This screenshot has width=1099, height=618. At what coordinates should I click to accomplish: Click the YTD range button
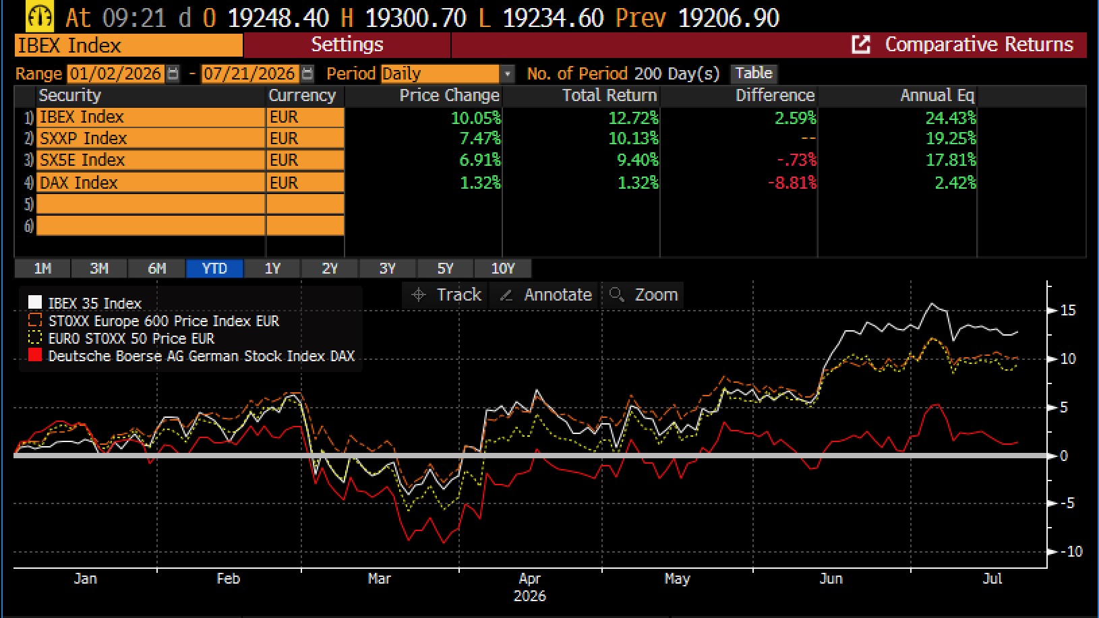214,269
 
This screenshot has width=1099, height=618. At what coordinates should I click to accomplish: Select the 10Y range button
503,269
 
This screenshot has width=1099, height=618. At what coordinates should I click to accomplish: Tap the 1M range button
42,269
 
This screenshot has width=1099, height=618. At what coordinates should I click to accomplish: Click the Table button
754,73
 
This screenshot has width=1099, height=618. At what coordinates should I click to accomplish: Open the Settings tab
347,44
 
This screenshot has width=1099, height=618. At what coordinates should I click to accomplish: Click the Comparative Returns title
979,44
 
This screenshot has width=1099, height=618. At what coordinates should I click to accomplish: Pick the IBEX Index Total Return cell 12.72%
633,118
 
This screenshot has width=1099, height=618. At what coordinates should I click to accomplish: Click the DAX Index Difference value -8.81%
792,183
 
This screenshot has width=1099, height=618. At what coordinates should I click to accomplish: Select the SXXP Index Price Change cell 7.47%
480,139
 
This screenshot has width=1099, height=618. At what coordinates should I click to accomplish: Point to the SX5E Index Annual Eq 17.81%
951,160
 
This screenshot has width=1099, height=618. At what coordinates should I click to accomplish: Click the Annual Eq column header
937,95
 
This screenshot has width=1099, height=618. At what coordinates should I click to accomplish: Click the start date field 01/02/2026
115,74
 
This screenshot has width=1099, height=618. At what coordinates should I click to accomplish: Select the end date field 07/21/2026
249,74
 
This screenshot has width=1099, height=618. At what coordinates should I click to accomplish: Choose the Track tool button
446,295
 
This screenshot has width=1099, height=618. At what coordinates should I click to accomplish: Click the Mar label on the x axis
379,579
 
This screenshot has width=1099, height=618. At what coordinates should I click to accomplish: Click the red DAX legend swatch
35,355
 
